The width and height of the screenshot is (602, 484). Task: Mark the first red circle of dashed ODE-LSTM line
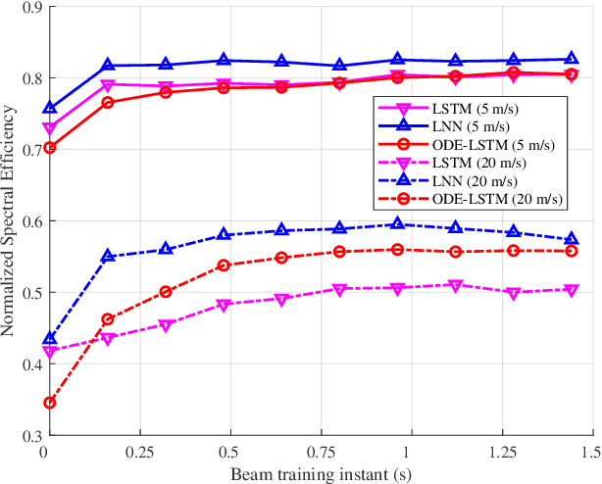point(49,403)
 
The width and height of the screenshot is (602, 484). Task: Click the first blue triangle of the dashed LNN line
point(49,338)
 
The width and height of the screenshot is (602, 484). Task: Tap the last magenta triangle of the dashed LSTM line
point(573,290)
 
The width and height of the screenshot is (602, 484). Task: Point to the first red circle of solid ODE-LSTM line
point(49,148)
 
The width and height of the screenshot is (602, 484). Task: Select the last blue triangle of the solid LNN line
point(573,59)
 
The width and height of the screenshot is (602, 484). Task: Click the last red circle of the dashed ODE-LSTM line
point(573,251)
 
